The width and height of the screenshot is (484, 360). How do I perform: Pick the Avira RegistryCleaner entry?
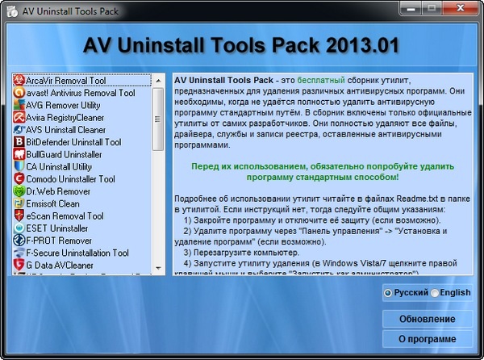[65, 117]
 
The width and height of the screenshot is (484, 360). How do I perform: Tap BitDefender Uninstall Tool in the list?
[73, 142]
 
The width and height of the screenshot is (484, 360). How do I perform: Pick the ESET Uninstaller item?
[56, 228]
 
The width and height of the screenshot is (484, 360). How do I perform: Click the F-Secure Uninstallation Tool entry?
[77, 253]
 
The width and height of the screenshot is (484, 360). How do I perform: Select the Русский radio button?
[389, 293]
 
